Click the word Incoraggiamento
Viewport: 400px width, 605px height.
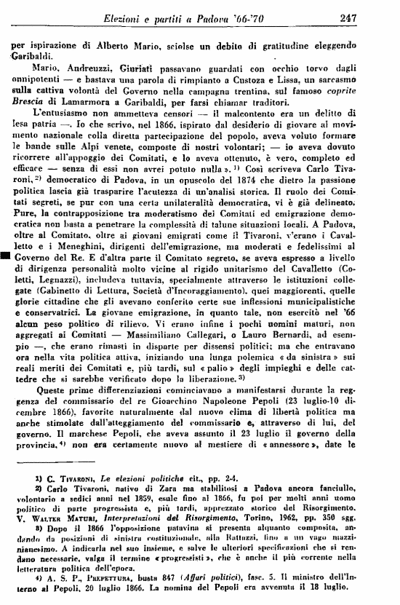tap(226, 310)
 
